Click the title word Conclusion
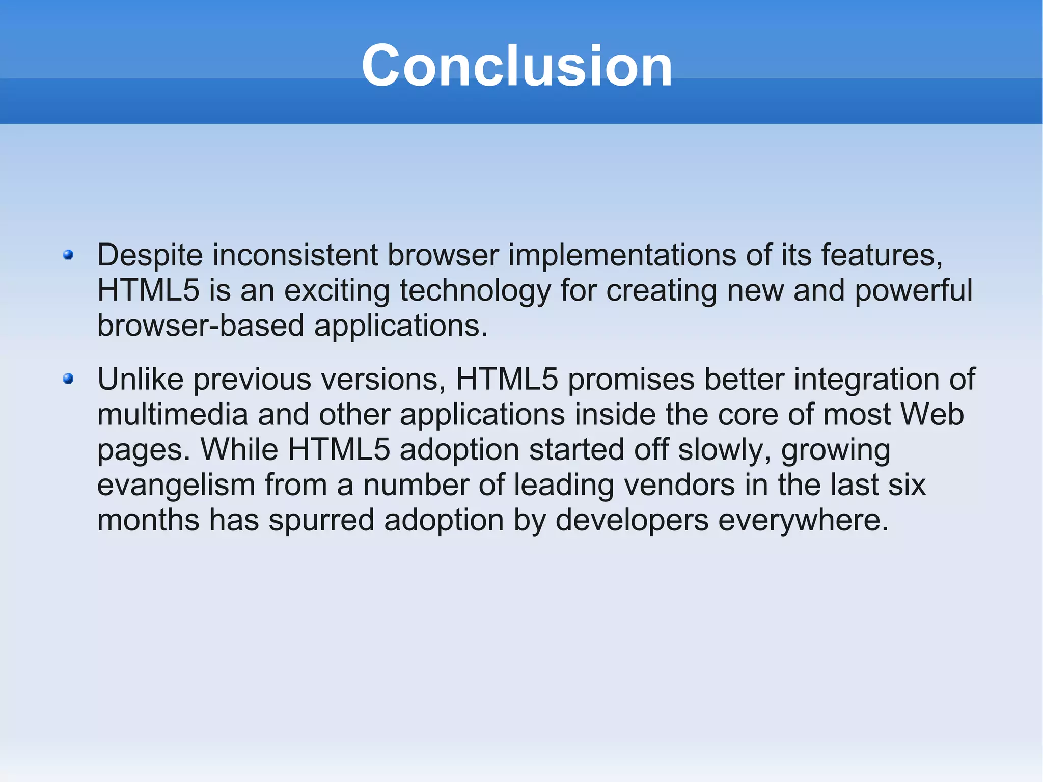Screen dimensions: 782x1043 pos(516,66)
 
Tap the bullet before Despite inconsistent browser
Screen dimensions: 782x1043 pos(68,255)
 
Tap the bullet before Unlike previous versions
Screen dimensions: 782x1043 pos(68,379)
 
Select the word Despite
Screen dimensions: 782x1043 pos(150,256)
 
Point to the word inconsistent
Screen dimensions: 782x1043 pos(295,255)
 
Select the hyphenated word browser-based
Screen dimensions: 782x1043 pos(201,326)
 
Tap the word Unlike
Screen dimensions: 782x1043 pos(140,380)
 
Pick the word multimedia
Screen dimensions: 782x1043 pos(172,415)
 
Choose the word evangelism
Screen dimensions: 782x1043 pos(176,486)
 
